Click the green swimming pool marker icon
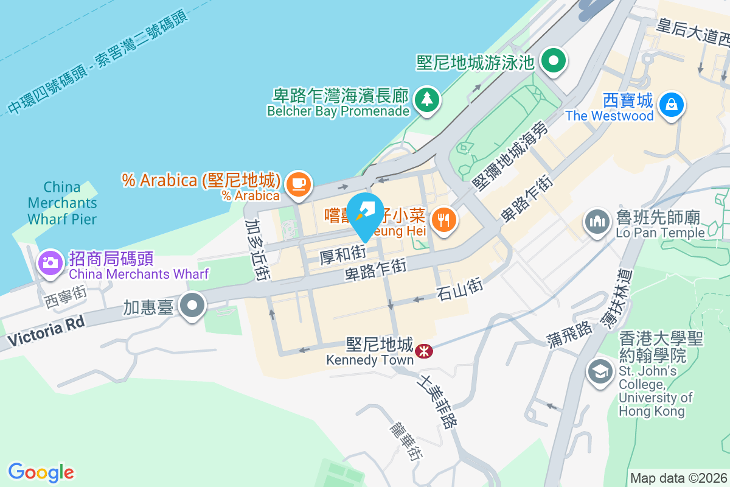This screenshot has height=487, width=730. [x=554, y=61]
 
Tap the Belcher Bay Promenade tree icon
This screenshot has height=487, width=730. [x=426, y=99]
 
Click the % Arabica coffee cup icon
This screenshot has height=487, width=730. [x=297, y=183]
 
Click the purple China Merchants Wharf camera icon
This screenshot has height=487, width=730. [x=49, y=262]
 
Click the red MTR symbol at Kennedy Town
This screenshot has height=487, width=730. [x=423, y=351]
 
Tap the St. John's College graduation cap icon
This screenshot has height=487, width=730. [x=600, y=371]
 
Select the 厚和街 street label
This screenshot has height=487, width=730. [x=342, y=254]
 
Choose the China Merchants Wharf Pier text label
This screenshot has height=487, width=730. [x=62, y=203]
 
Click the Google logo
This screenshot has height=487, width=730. [x=41, y=472]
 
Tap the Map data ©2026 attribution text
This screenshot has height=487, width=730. [x=678, y=478]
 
